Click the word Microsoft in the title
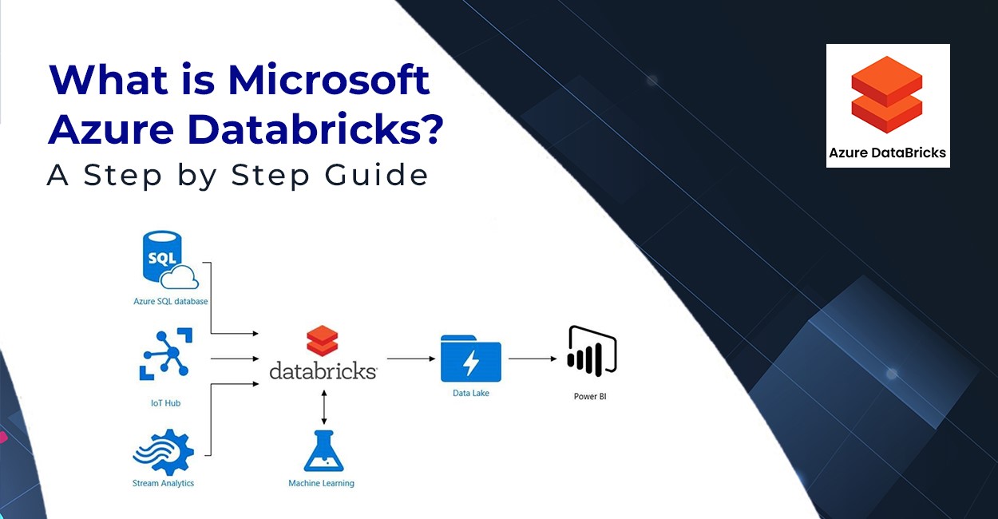[328, 80]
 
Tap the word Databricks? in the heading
[316, 129]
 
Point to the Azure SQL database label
[171, 301]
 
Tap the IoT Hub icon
[166, 355]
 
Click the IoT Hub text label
[165, 403]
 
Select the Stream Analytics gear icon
[164, 451]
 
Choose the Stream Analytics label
[163, 483]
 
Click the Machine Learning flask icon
[324, 451]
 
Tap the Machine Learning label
[321, 483]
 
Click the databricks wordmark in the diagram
[323, 370]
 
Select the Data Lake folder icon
[471, 359]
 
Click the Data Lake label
[471, 394]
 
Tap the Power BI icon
[592, 351]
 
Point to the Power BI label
[590, 397]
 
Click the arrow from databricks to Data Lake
[411, 359]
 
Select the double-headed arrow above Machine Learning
[324, 407]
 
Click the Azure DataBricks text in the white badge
[887, 153]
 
